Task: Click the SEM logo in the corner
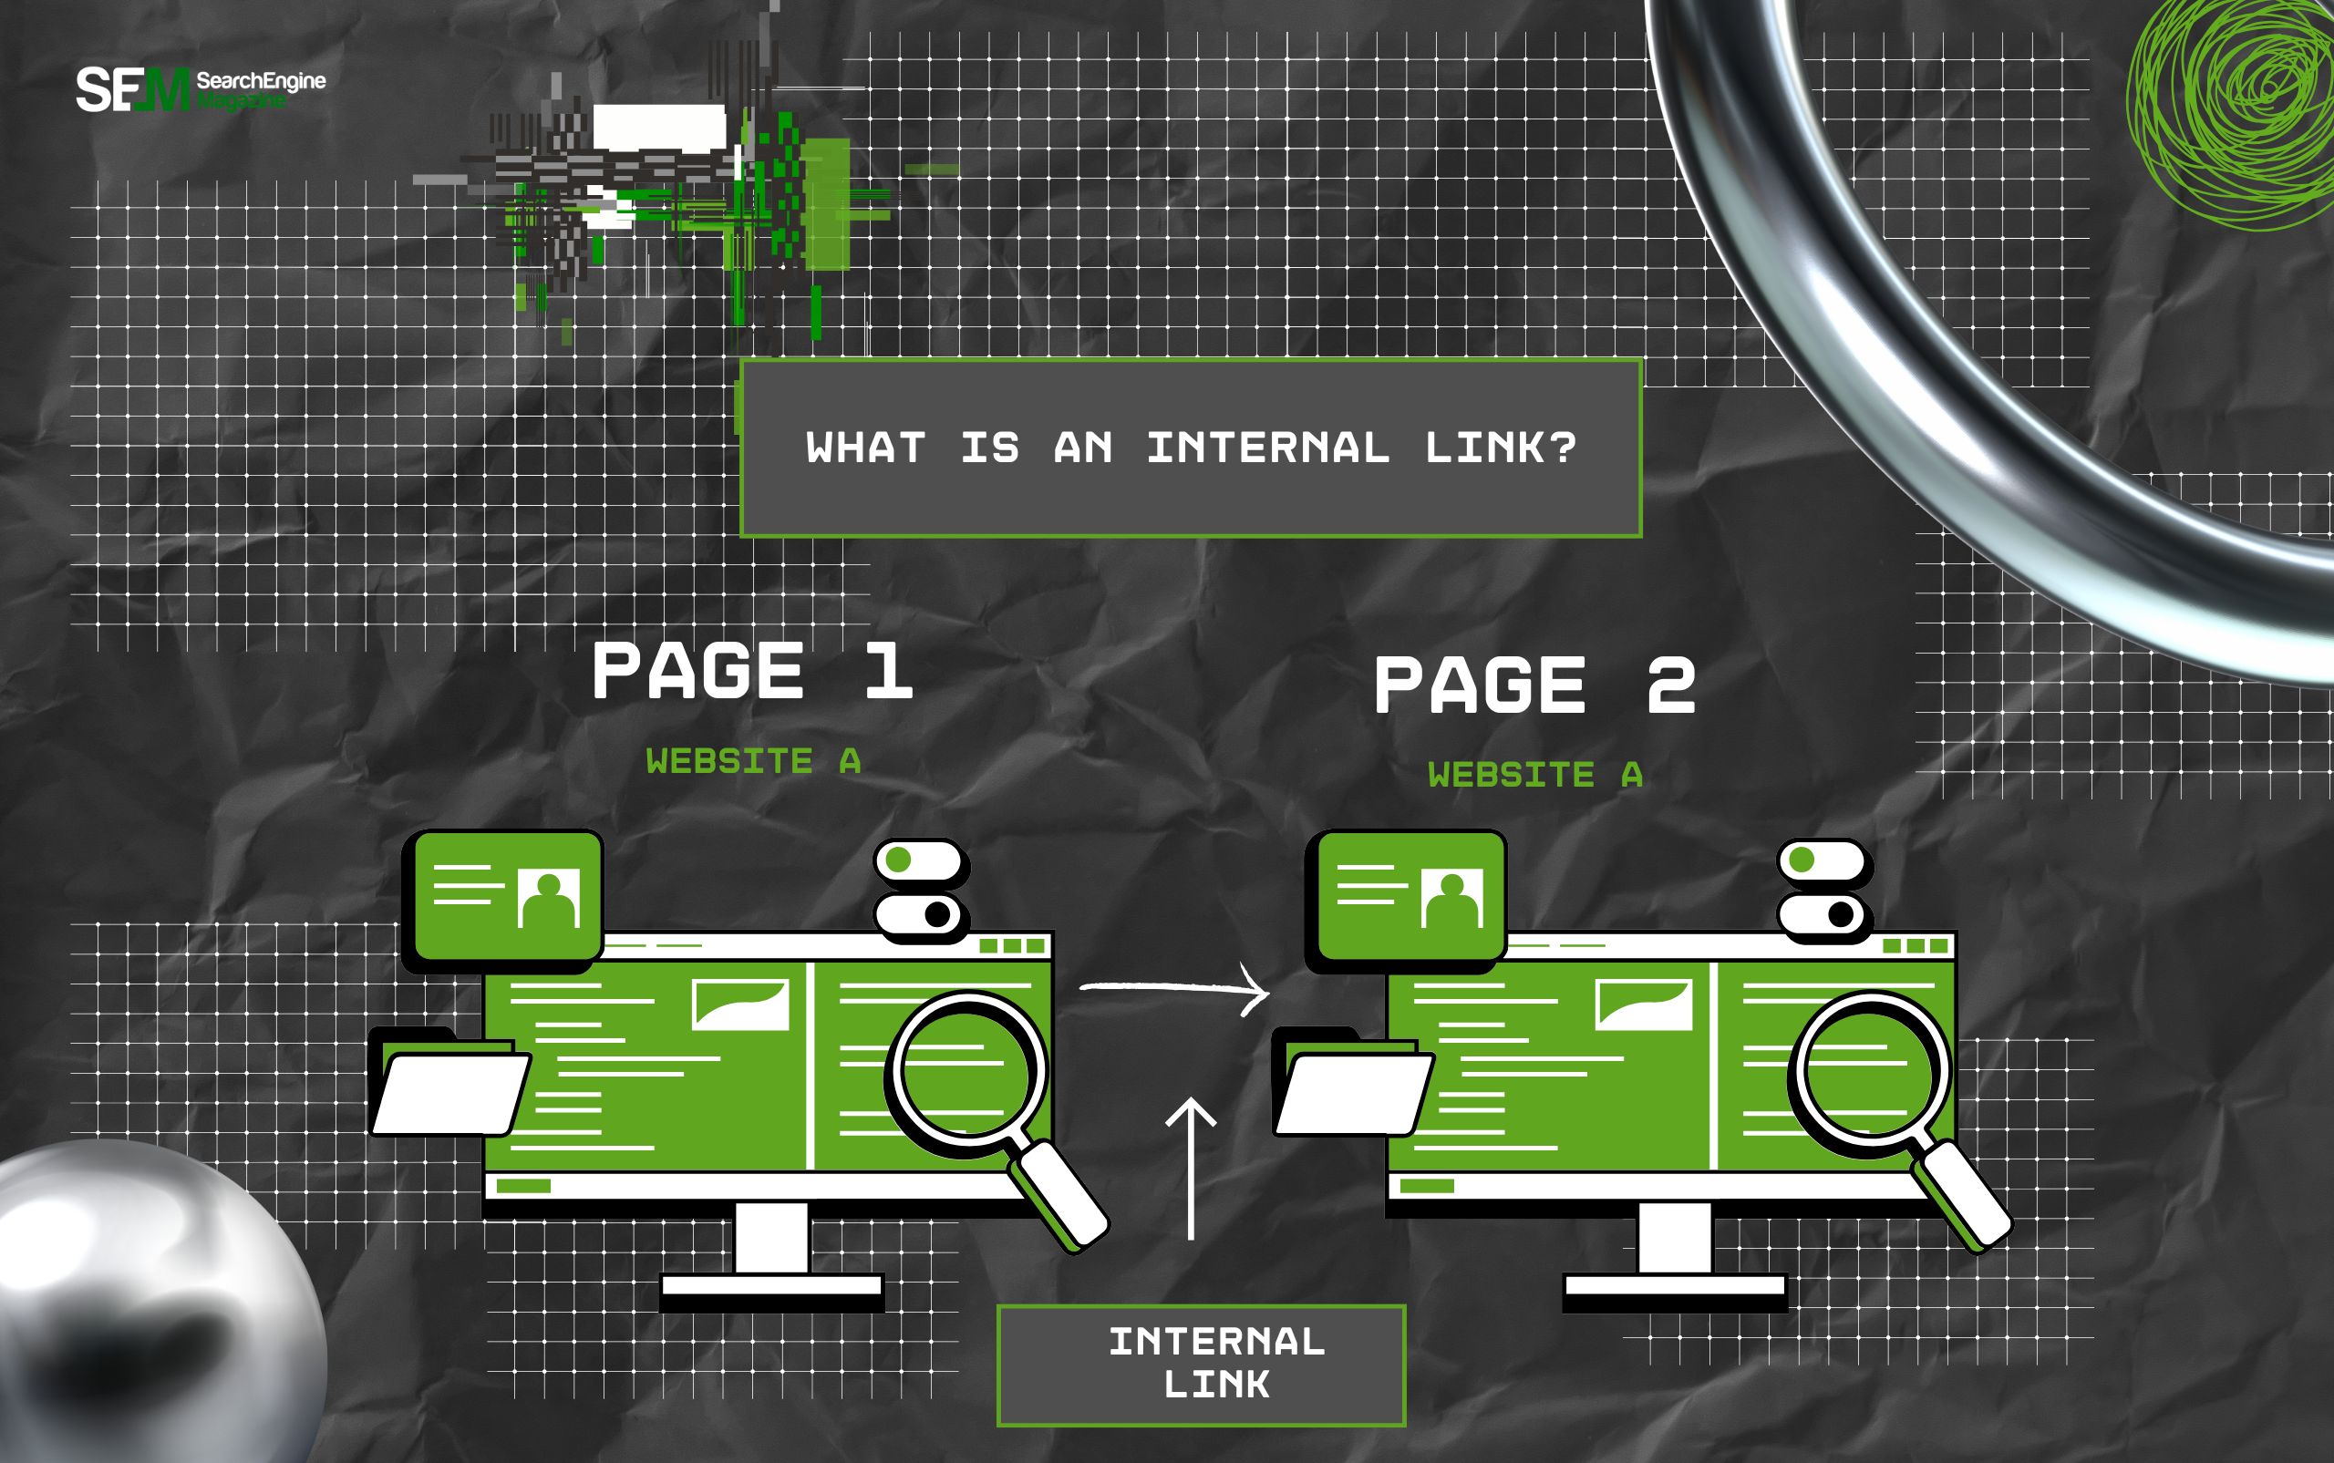pyautogui.click(x=133, y=89)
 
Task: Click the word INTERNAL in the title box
pyautogui.click(x=1267, y=448)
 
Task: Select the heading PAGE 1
pyautogui.click(x=753, y=671)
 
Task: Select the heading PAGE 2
pyautogui.click(x=1534, y=685)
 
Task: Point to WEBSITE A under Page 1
pyautogui.click(x=753, y=761)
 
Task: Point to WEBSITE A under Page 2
pyautogui.click(x=1534, y=775)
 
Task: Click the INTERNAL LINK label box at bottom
pyautogui.click(x=1201, y=1365)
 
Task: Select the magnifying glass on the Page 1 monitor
pyautogui.click(x=967, y=1075)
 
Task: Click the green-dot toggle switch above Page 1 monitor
pyautogui.click(x=920, y=860)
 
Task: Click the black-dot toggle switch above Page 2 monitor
pyautogui.click(x=1823, y=914)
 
